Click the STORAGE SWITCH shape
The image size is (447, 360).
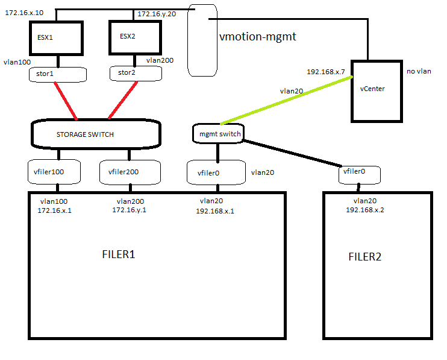click(x=96, y=134)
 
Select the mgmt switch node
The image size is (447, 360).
click(x=217, y=133)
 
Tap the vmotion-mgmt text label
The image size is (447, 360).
click(x=258, y=37)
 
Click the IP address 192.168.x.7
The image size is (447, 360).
click(x=326, y=72)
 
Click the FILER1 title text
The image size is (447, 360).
click(x=119, y=254)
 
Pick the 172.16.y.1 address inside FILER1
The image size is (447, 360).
click(x=130, y=210)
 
